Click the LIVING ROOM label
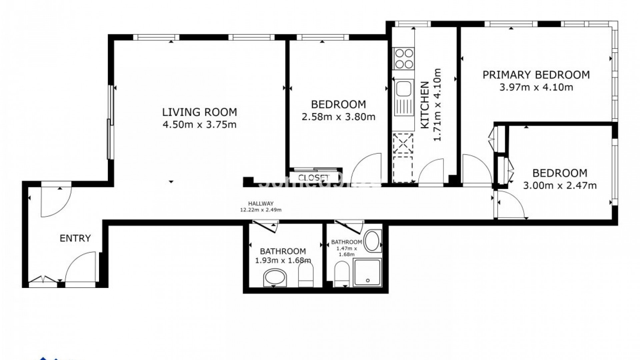[199, 112]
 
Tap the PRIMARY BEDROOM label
[536, 75]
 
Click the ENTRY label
[75, 238]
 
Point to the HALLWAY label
[261, 203]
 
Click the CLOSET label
[313, 178]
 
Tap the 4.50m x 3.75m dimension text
[199, 125]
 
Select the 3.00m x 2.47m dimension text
[560, 186]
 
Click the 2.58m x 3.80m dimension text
[338, 117]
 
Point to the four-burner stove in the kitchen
[403, 58]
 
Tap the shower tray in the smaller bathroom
[367, 272]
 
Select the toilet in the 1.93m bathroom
[305, 274]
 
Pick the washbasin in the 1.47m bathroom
[372, 241]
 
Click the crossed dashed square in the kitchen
[403, 144]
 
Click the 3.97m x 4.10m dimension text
[536, 88]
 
